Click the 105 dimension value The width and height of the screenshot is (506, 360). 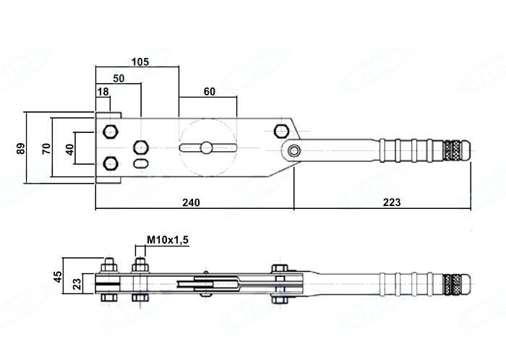point(140,61)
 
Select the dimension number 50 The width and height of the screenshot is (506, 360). point(119,77)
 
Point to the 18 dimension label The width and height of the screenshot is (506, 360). point(103,91)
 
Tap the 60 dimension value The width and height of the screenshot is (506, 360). point(209,91)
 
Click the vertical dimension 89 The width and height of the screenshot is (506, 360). point(21,148)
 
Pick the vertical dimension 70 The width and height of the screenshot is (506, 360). point(46,148)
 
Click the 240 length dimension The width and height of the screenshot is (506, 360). point(191,202)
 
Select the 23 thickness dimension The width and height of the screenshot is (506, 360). point(79,283)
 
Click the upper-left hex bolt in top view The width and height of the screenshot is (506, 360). point(111,132)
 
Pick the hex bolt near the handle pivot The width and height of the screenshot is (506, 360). point(281,130)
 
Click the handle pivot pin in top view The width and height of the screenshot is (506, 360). point(293,150)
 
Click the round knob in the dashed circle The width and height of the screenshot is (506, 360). point(207,147)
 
